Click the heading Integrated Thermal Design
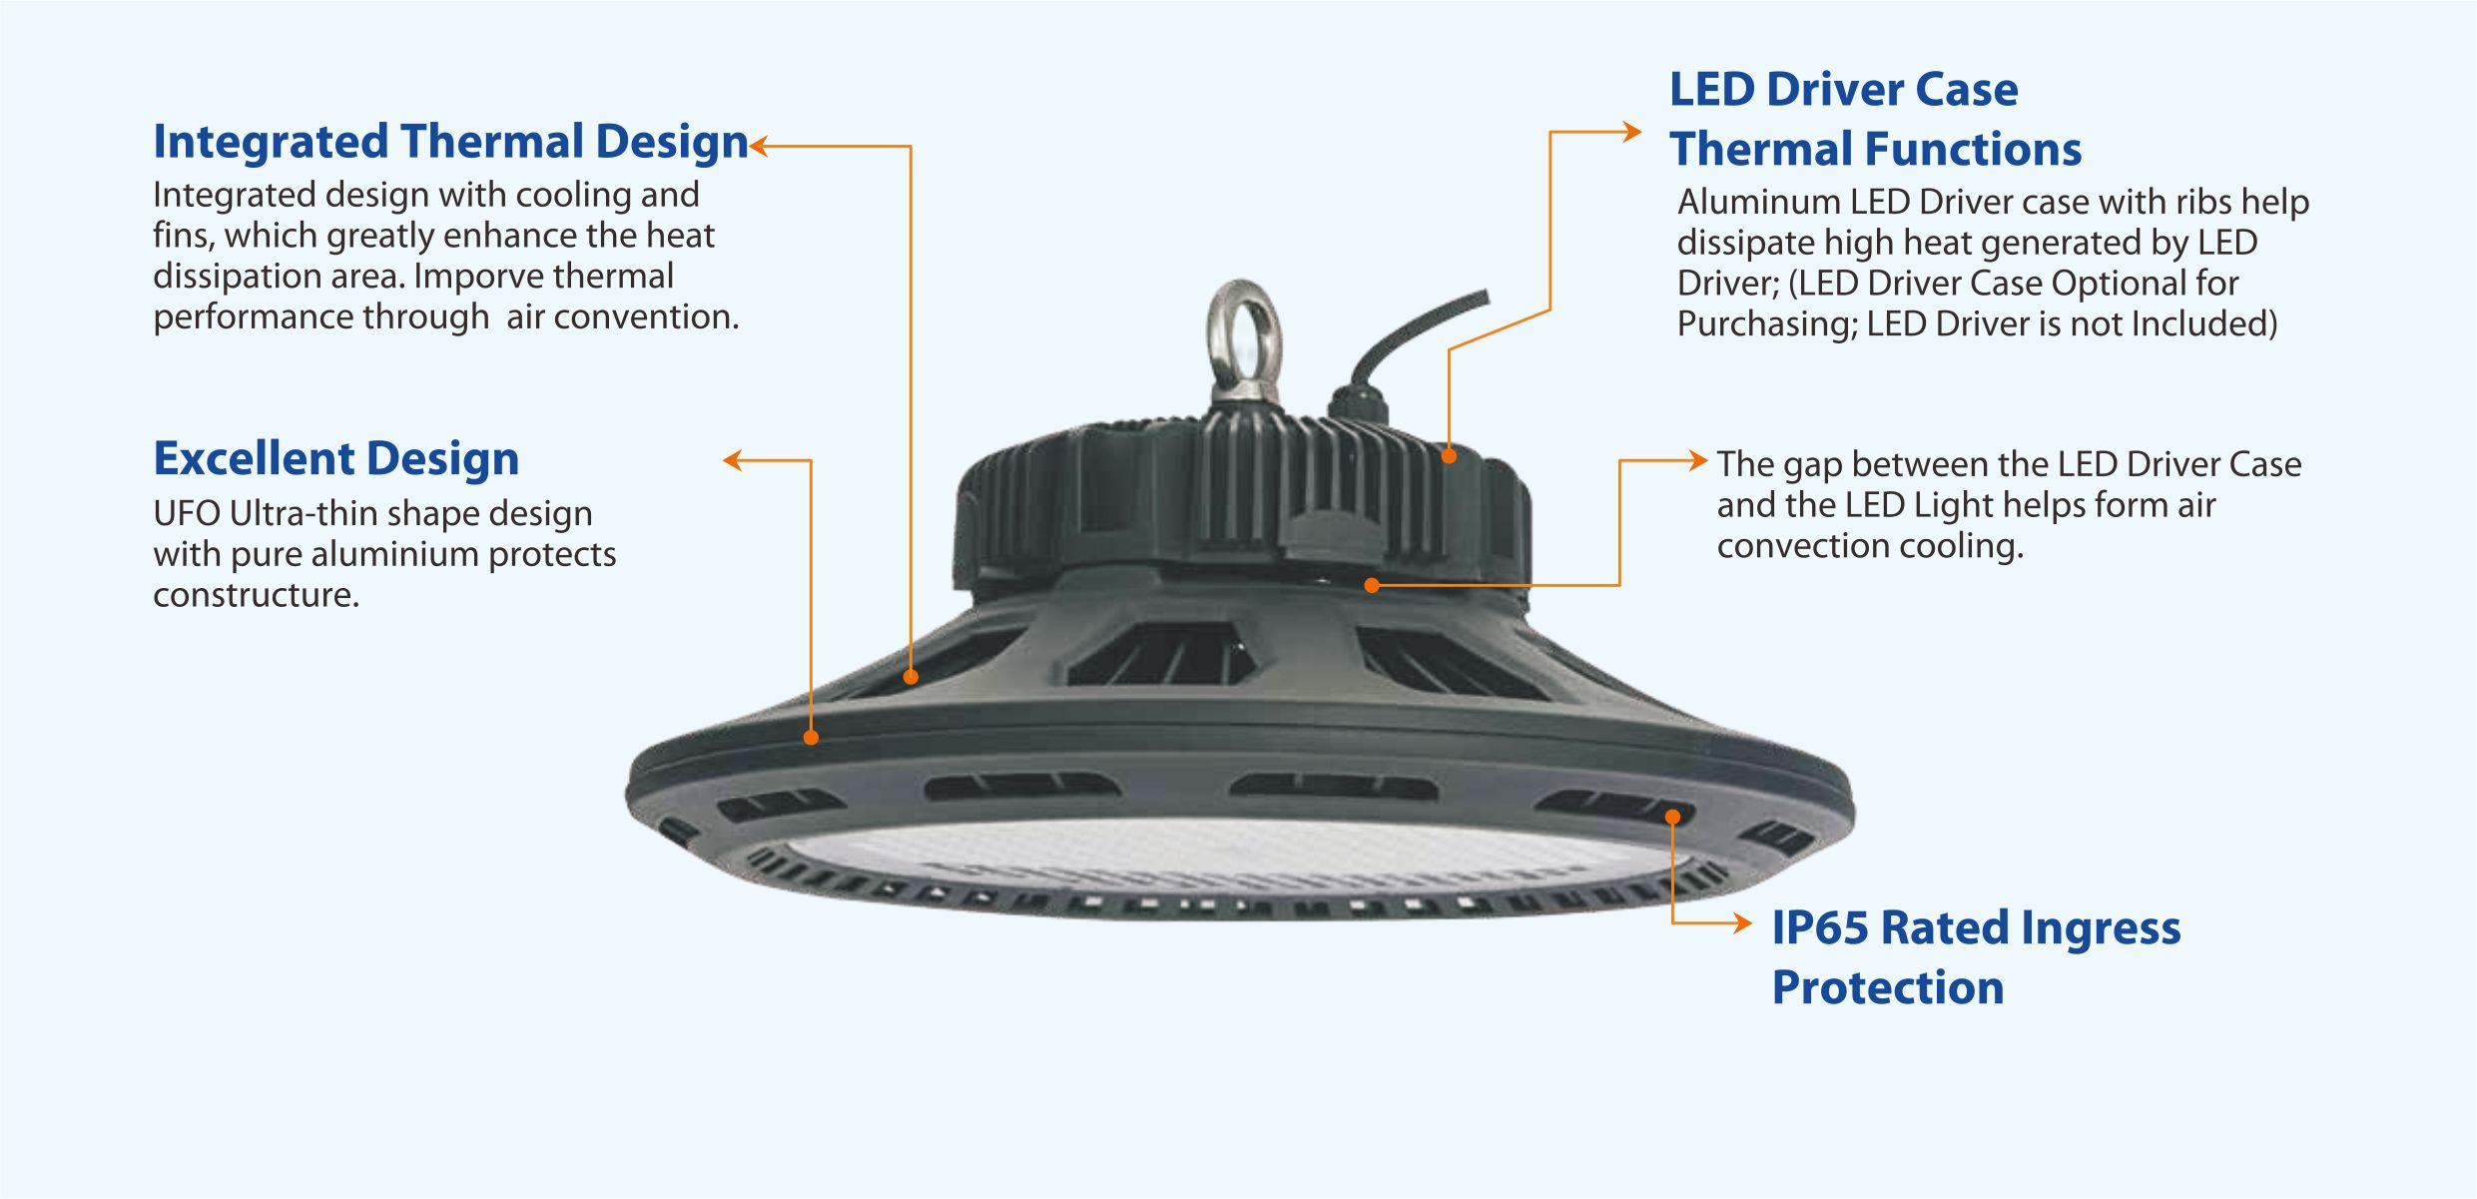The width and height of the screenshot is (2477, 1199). click(450, 143)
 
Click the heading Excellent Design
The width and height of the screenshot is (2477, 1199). click(336, 459)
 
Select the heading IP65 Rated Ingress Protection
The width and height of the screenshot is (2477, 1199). click(1976, 957)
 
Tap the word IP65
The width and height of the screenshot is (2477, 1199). click(1820, 927)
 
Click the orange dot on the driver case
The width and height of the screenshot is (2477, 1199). click(1449, 456)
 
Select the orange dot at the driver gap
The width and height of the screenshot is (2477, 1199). click(1372, 586)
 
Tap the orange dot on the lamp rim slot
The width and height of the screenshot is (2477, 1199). click(1673, 818)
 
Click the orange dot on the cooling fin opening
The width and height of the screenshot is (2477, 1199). click(911, 677)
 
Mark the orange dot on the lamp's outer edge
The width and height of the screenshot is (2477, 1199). click(811, 738)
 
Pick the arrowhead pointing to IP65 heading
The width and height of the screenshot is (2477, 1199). click(1742, 923)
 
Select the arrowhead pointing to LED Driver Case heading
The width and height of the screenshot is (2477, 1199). click(1631, 132)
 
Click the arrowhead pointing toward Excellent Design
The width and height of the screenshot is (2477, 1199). click(734, 460)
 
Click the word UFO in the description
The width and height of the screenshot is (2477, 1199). click(187, 513)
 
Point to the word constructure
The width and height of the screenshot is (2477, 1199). click(256, 595)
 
